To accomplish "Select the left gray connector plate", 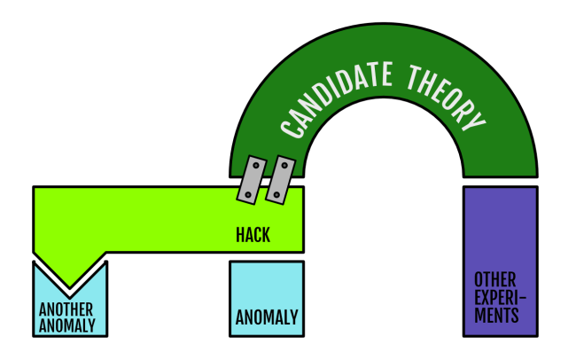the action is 253,178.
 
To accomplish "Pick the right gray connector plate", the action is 280,178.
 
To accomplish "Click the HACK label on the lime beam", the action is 253,235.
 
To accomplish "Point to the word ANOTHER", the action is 66,309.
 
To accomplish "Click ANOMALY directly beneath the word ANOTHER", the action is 66,325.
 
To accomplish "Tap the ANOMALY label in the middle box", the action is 267,317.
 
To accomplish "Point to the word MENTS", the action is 495,315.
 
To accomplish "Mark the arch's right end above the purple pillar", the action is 499,164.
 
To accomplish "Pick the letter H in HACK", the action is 240,235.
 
